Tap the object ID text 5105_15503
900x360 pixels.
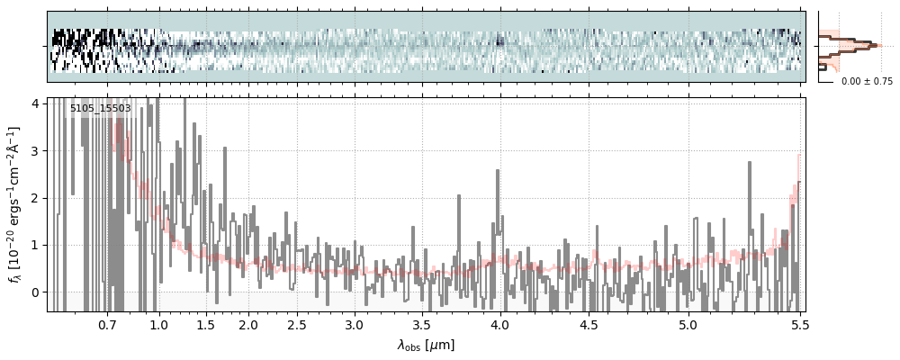(101, 109)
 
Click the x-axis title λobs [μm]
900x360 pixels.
(427, 345)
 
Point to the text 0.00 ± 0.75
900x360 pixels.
(867, 81)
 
